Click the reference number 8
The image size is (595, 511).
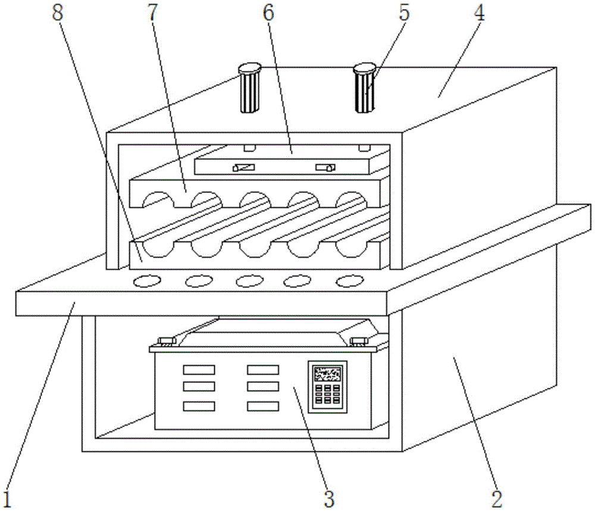(x=58, y=13)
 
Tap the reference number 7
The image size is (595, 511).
(x=152, y=13)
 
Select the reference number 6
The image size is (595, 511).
(x=268, y=13)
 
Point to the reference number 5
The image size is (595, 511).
(x=404, y=13)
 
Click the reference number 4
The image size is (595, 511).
(x=479, y=13)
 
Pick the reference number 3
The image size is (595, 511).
(x=329, y=498)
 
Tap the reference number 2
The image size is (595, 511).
(x=497, y=498)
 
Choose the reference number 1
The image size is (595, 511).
(x=7, y=498)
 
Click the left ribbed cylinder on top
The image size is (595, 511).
(x=249, y=88)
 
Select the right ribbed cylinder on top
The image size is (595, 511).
(x=365, y=88)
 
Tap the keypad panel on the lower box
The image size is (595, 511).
(x=327, y=387)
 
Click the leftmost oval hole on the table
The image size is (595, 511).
(x=147, y=281)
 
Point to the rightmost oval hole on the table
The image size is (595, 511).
(x=350, y=281)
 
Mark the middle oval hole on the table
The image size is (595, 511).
(x=249, y=281)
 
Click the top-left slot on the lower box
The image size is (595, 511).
(x=199, y=370)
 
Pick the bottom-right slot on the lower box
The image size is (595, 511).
(x=263, y=406)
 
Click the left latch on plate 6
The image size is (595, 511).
(x=243, y=167)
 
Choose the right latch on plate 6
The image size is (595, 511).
(x=325, y=167)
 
